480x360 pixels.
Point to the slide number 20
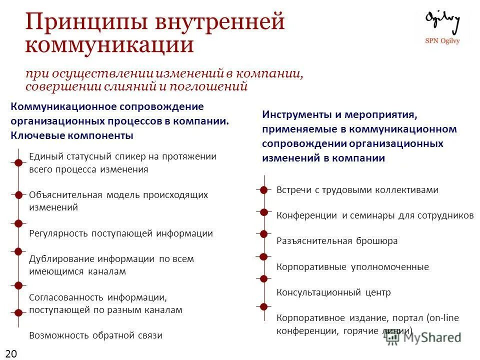pos(11,354)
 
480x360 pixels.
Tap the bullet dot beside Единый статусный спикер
pos(18,162)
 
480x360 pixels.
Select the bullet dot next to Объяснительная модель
pos(18,194)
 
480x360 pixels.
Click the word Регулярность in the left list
pos(58,233)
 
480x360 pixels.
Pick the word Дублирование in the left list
pos(61,259)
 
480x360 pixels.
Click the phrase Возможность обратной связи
pos(95,335)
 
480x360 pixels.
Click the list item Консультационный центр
pos(333,292)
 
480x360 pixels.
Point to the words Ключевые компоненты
pos(72,135)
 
